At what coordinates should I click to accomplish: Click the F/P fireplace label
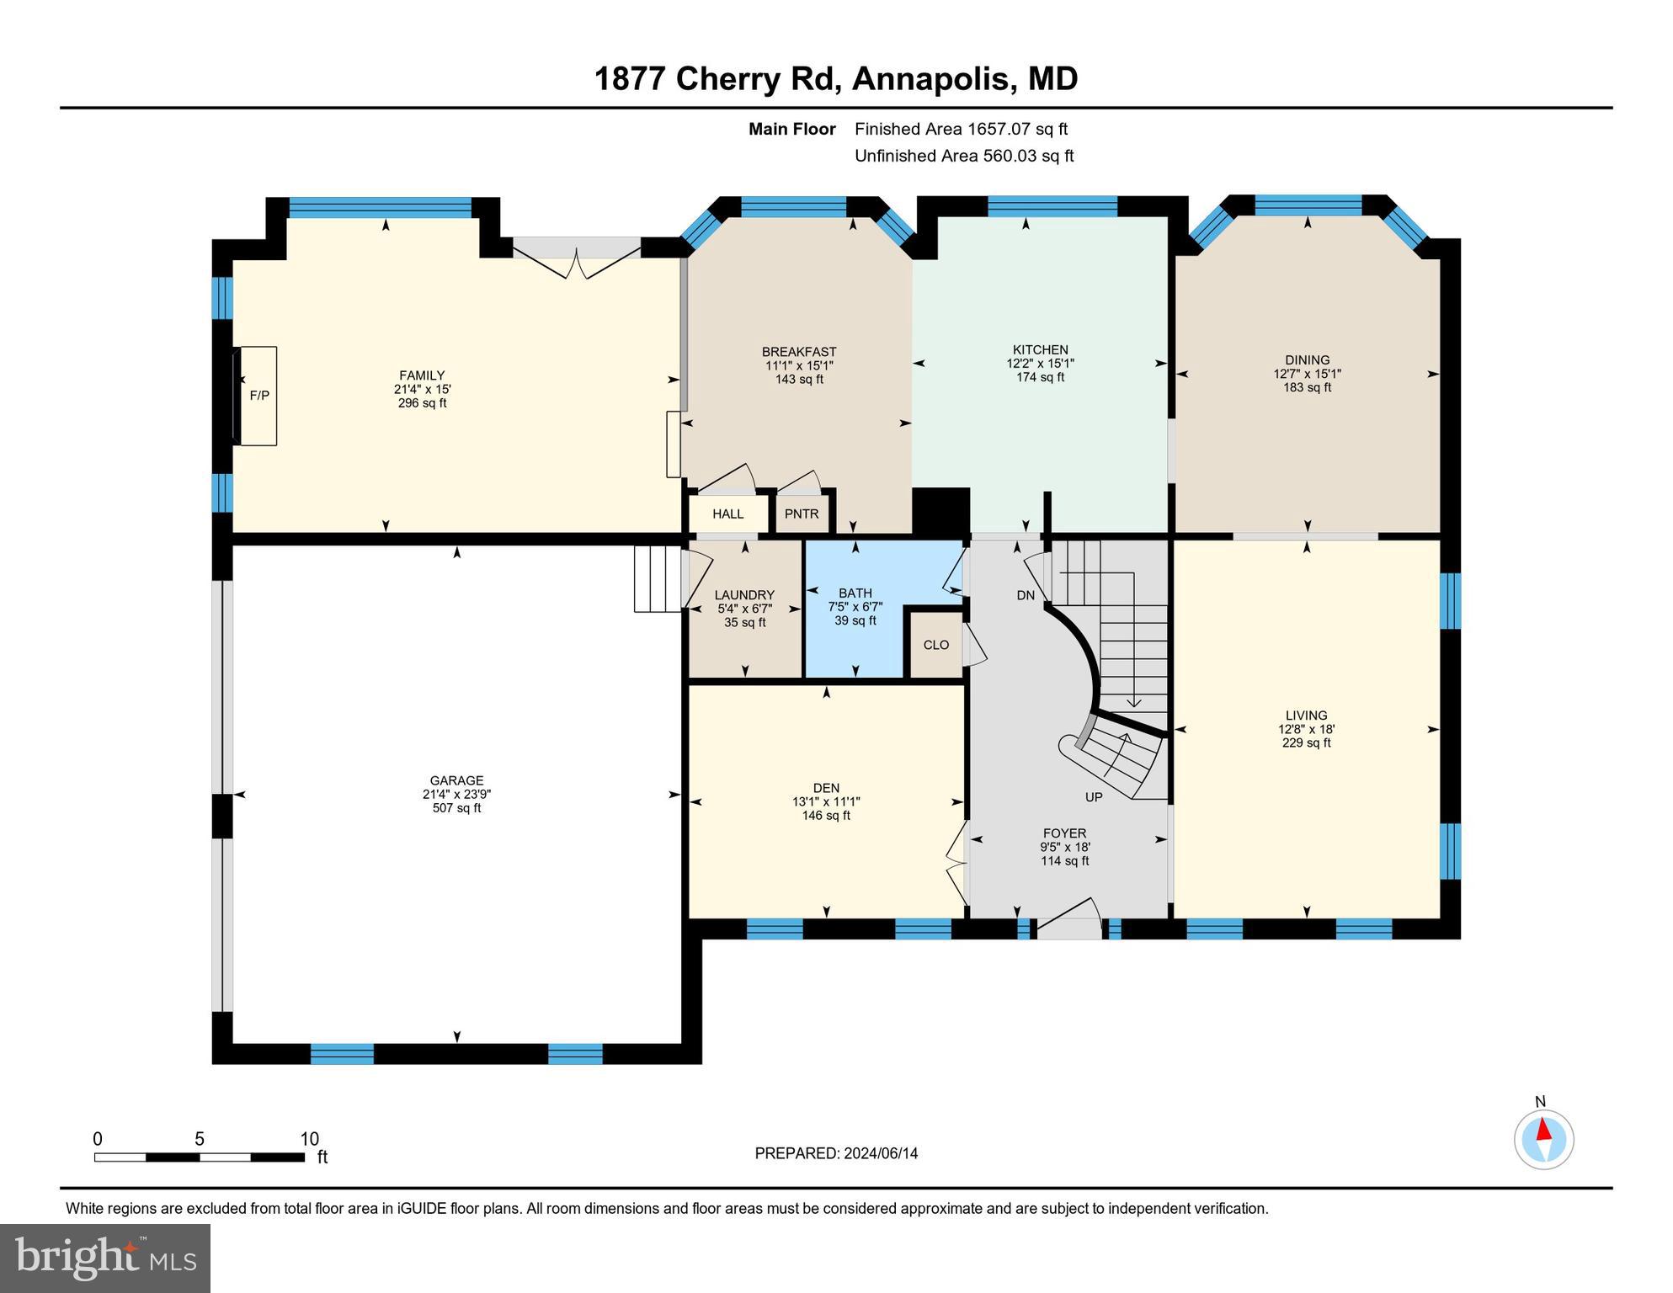(259, 396)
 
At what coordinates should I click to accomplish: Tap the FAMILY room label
(422, 375)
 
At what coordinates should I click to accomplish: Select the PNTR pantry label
(802, 513)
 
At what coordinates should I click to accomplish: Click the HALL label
(728, 513)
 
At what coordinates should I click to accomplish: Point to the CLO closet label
(936, 645)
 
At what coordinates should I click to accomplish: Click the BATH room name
(855, 593)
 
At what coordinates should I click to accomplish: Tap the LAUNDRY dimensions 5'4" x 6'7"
(744, 609)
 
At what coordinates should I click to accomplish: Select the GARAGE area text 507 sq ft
(456, 808)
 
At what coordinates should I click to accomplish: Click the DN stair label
(1026, 595)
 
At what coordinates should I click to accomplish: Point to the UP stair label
(1094, 796)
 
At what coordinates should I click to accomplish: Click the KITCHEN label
(1041, 350)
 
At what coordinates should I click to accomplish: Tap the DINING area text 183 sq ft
(1307, 387)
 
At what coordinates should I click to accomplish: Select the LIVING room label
(1306, 716)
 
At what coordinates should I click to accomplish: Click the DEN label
(826, 788)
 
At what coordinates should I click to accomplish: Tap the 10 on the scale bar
(309, 1139)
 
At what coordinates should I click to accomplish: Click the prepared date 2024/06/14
(878, 1153)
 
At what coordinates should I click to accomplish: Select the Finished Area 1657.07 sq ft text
(961, 129)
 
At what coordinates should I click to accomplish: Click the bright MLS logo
(105, 1258)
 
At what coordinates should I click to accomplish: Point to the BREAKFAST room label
(799, 352)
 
